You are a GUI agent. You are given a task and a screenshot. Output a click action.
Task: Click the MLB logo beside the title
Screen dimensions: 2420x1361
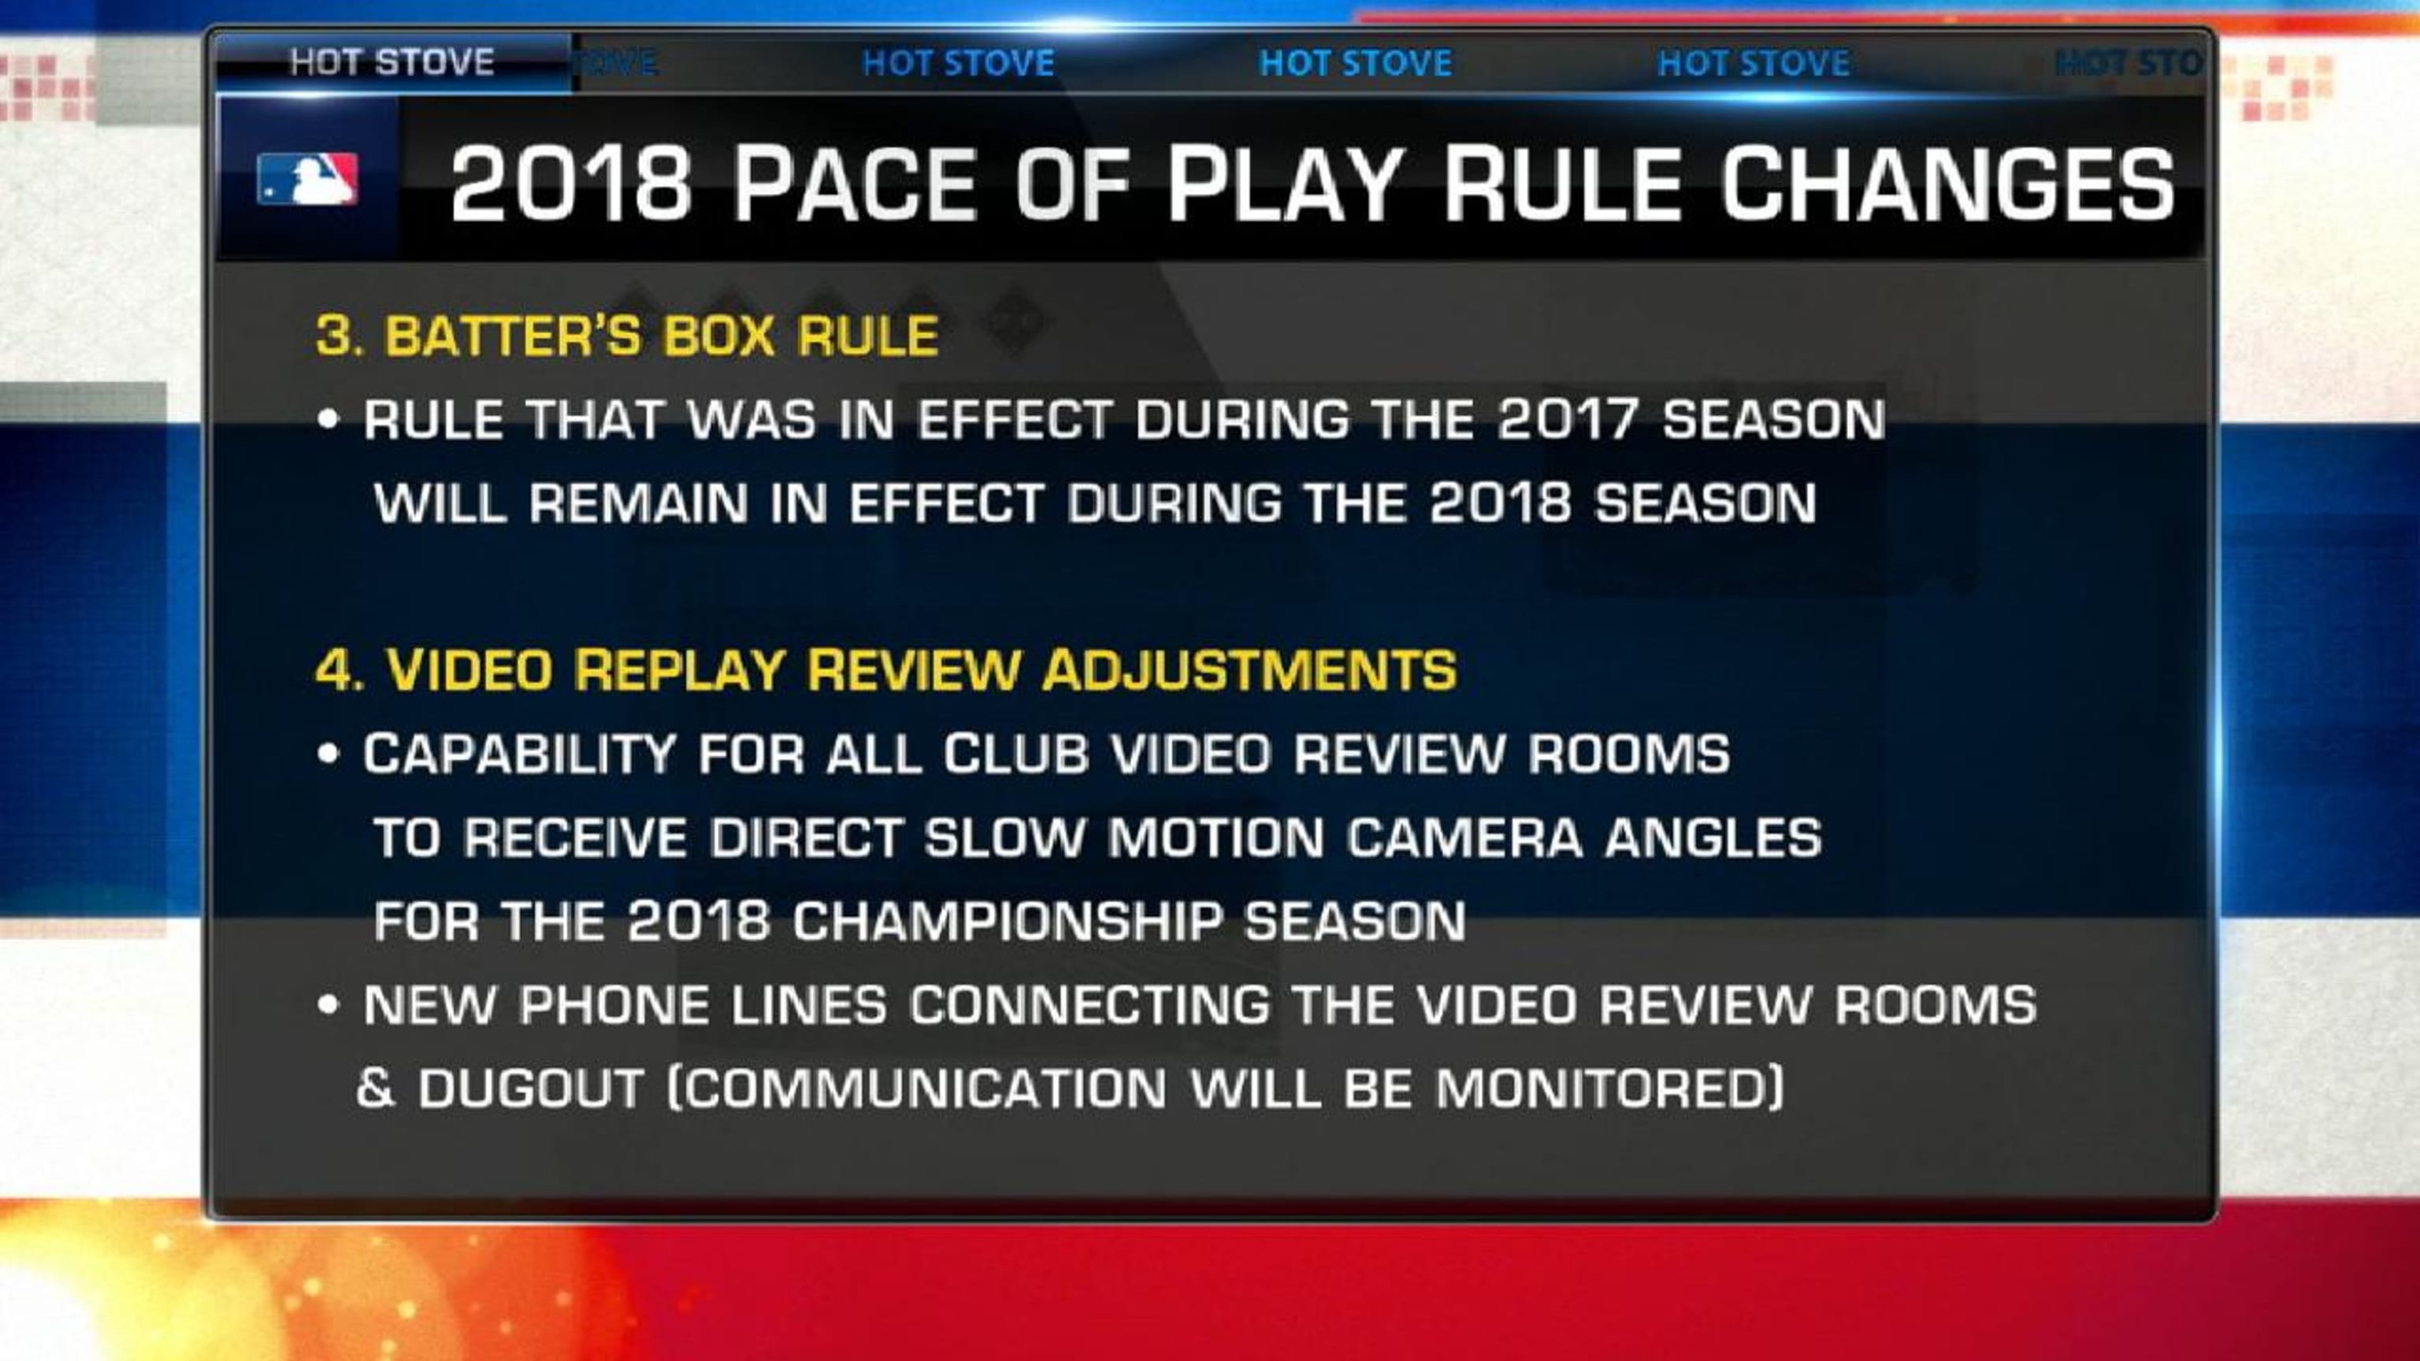(x=307, y=179)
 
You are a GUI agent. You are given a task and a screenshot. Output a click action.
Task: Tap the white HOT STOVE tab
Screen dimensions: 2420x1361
(x=392, y=62)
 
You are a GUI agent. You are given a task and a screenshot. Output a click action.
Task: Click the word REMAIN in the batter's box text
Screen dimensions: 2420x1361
(x=638, y=502)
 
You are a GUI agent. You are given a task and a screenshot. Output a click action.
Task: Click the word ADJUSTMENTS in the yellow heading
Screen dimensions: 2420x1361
(x=1249, y=669)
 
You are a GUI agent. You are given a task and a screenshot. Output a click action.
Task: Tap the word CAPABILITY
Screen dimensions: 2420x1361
(x=519, y=753)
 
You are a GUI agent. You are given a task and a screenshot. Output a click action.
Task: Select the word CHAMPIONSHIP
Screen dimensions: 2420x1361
(x=1007, y=921)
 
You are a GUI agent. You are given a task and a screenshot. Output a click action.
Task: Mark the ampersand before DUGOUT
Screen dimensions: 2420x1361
(x=375, y=1088)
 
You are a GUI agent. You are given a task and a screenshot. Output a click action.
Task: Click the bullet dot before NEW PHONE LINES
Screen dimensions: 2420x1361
(x=328, y=1004)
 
